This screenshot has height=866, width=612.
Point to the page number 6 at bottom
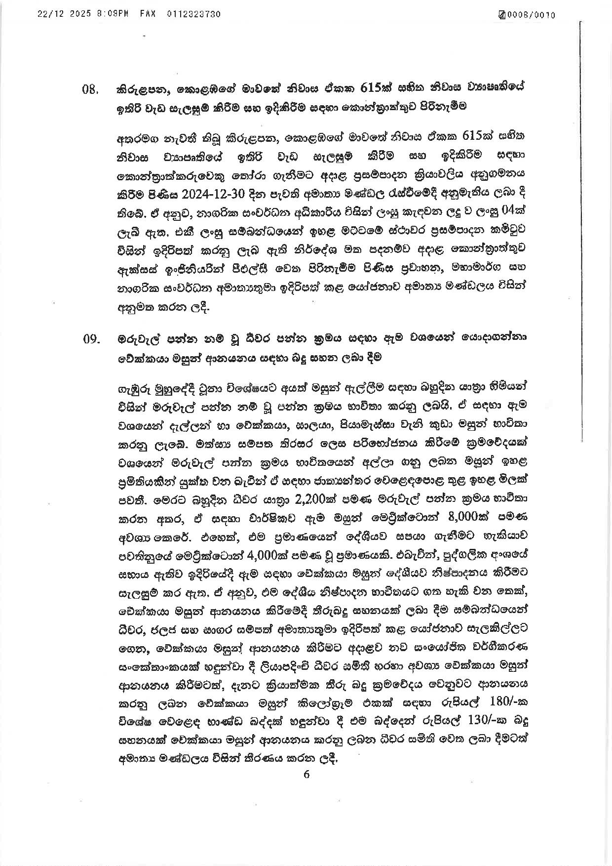coord(306,774)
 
